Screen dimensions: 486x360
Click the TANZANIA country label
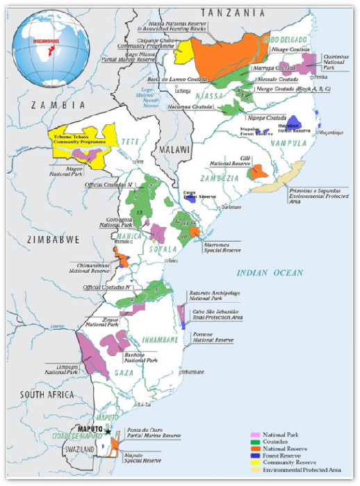(232, 12)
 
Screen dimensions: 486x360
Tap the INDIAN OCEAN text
(270, 273)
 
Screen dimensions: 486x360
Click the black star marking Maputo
(108, 432)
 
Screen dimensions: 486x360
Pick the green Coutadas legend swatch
(255, 442)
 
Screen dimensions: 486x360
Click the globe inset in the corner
(54, 43)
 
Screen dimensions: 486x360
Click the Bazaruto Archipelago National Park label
(212, 298)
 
